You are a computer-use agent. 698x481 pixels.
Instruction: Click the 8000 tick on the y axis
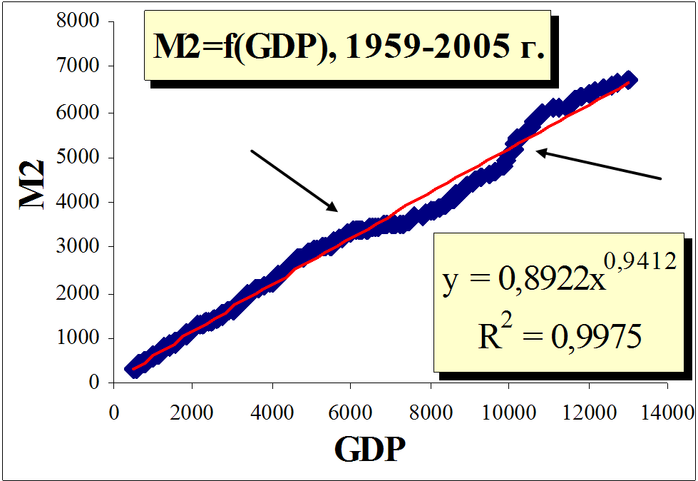coord(81,21)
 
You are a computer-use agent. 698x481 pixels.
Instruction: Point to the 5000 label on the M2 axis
coord(81,157)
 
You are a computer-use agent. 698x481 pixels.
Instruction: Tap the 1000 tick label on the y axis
coord(81,338)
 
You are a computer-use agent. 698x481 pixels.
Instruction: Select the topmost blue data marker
coord(628,79)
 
